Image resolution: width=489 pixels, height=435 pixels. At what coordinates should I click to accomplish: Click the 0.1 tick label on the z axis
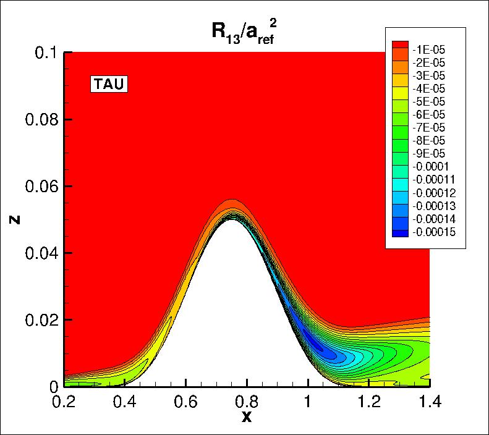click(x=47, y=53)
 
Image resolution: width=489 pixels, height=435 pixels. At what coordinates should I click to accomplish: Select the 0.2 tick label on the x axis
click(x=64, y=401)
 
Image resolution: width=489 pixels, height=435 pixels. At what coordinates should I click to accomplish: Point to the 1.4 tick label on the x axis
click(x=429, y=401)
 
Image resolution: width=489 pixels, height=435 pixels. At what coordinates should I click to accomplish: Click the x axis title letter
click(x=247, y=417)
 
